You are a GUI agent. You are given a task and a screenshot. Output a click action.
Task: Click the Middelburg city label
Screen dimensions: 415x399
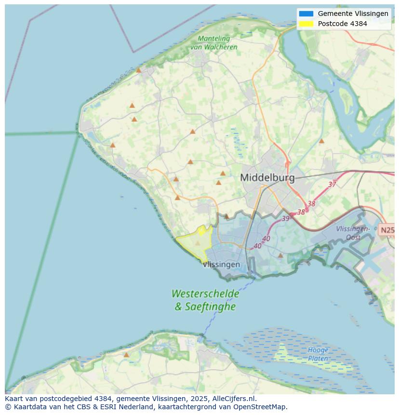click(x=267, y=177)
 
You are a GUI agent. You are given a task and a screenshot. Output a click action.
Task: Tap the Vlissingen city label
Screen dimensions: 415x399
click(x=221, y=265)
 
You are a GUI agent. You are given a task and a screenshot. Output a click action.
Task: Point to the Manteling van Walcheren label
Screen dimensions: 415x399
click(x=213, y=43)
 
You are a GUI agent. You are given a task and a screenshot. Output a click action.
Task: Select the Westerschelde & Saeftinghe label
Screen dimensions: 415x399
click(x=205, y=300)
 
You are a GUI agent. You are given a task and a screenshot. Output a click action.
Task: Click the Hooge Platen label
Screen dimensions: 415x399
click(x=318, y=354)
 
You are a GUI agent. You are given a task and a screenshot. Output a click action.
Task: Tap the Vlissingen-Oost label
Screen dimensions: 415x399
click(x=353, y=233)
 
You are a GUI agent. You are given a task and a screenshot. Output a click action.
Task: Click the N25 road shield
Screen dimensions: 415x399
click(x=387, y=230)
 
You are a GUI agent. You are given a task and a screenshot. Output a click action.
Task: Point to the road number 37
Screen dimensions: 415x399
click(x=332, y=184)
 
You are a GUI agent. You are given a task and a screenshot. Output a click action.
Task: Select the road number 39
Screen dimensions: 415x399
click(x=286, y=218)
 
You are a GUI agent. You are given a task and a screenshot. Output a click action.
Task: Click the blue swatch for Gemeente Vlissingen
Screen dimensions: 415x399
click(x=306, y=13)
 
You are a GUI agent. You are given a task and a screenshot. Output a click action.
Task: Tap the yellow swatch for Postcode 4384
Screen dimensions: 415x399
click(x=306, y=24)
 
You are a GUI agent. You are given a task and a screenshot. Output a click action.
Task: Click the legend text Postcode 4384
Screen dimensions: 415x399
click(x=342, y=24)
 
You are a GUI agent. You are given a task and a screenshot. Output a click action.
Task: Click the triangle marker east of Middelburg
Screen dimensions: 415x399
click(x=321, y=141)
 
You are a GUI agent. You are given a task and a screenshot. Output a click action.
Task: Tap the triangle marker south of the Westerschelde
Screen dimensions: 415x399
click(x=126, y=355)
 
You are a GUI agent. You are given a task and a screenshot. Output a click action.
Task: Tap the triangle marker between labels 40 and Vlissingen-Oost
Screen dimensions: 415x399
click(x=280, y=255)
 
